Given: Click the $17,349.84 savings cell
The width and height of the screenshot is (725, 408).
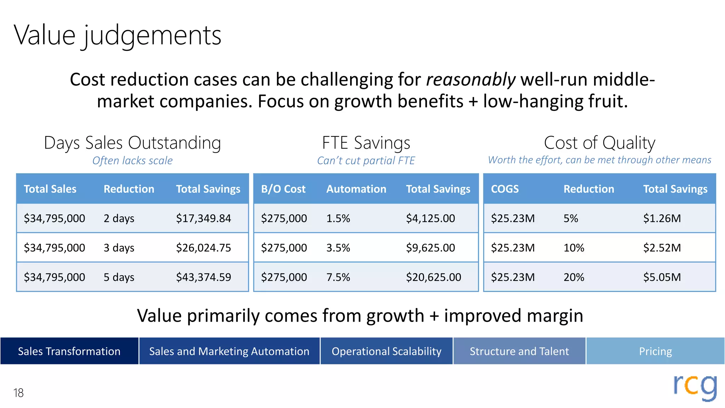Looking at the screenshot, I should click(x=204, y=218).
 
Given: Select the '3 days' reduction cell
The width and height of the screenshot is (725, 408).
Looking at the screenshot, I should click(x=119, y=248).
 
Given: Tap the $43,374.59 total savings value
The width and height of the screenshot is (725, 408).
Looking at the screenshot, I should click(x=204, y=277).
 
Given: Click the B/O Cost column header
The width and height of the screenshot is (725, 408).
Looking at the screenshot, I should click(x=283, y=189).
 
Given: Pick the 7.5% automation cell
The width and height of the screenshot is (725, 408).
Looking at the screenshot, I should click(x=338, y=277).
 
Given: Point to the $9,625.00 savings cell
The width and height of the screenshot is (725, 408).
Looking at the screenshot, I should click(x=430, y=248).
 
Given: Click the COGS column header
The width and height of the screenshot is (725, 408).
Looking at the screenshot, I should click(x=505, y=189).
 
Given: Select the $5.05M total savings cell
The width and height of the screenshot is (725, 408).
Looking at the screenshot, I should click(x=662, y=277).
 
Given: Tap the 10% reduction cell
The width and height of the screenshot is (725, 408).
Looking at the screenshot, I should click(x=574, y=248).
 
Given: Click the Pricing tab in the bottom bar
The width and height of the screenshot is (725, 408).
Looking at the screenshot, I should click(x=655, y=351).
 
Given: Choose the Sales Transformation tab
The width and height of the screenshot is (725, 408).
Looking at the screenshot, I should click(x=69, y=351).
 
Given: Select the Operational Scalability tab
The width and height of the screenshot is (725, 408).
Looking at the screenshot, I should click(x=387, y=351).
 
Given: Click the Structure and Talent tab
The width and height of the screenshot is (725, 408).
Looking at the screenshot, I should click(x=519, y=351).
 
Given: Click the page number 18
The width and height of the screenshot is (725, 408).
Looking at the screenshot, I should click(x=18, y=393).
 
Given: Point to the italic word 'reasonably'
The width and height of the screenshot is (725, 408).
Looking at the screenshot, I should click(x=471, y=79).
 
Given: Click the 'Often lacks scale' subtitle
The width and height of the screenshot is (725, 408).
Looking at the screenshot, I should click(x=132, y=160).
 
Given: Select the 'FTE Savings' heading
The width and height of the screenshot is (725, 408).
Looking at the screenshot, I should click(x=366, y=143).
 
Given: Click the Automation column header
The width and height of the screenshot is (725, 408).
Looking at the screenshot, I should click(x=356, y=189).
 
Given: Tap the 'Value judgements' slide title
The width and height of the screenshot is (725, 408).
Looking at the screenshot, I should click(x=118, y=35).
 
